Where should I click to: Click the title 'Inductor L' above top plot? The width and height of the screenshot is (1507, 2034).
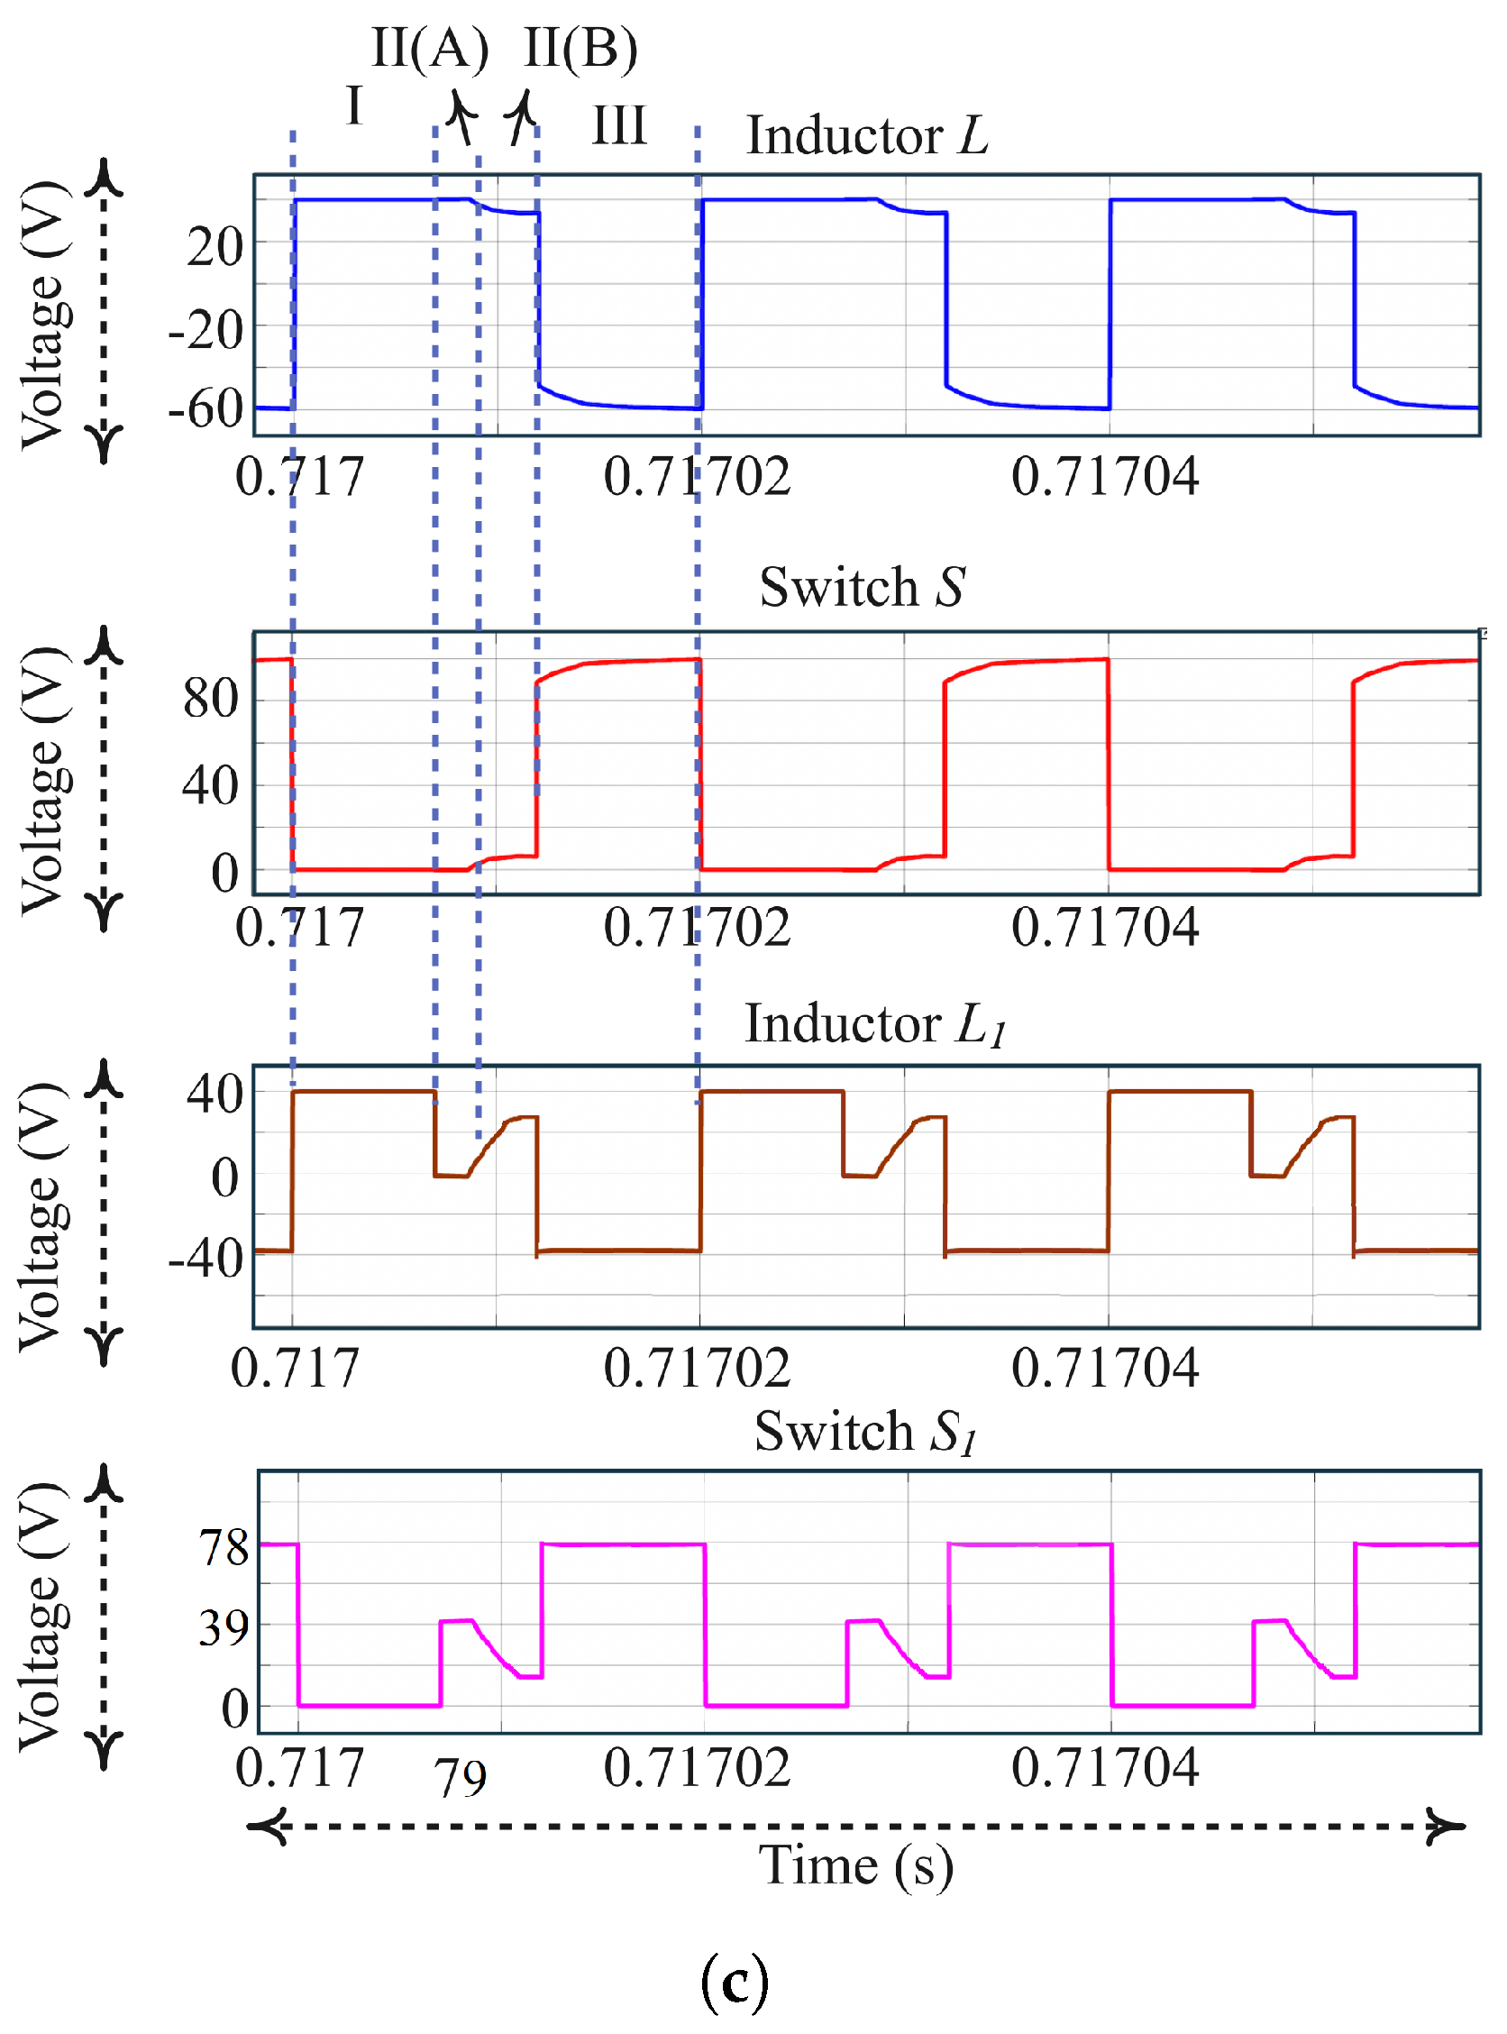pos(867,136)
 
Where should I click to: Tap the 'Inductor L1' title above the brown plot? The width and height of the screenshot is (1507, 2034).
pos(874,1024)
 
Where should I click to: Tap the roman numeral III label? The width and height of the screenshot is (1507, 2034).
pos(619,126)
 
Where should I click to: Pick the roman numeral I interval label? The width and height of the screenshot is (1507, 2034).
pos(354,105)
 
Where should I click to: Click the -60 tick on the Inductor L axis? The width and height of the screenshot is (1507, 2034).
pos(205,408)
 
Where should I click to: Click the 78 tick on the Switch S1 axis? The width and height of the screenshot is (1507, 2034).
pos(224,1549)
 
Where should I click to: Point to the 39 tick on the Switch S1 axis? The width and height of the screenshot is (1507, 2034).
pos(224,1628)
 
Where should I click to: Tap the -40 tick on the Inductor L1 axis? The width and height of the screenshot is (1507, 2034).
pos(205,1260)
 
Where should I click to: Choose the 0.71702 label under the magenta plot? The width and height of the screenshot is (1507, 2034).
pos(697,1767)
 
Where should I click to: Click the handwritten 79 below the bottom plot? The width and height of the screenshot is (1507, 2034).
pos(461,1778)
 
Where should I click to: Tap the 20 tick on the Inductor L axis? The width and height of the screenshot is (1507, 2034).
pos(215,248)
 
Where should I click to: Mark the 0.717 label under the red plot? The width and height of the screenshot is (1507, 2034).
pos(299,928)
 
